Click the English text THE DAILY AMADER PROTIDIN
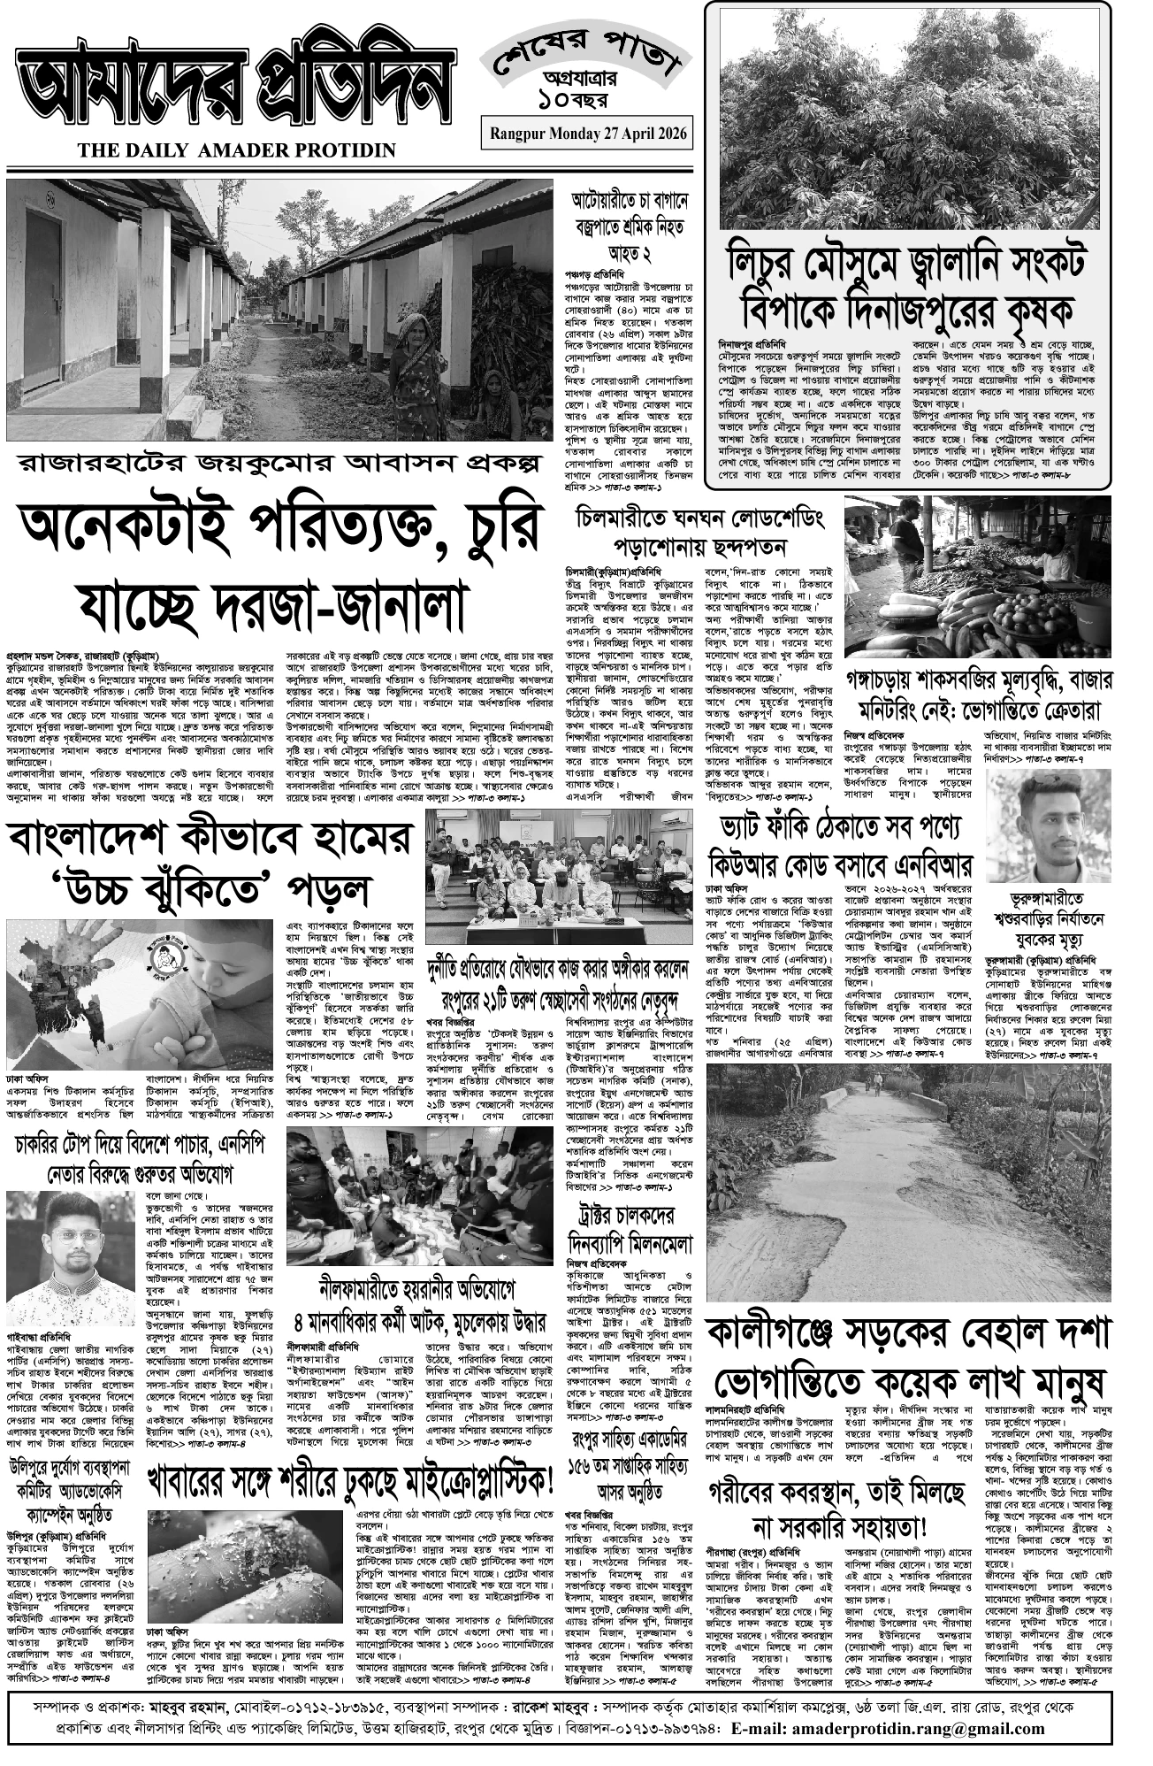tap(237, 151)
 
